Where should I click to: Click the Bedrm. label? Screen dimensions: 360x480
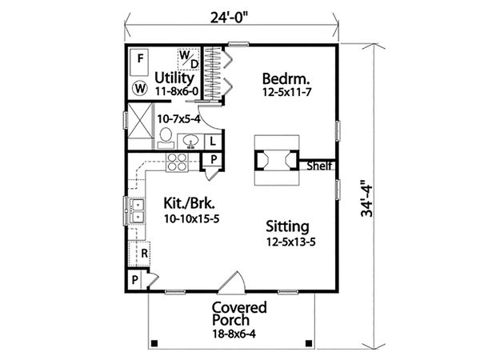tap(286, 78)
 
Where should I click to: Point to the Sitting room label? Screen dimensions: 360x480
tap(288, 226)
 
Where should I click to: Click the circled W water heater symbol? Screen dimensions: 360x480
tap(140, 86)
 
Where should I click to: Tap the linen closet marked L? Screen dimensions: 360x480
tap(213, 142)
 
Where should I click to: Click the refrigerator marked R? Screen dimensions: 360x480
tap(142, 253)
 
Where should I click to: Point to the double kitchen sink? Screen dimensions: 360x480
tap(137, 210)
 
